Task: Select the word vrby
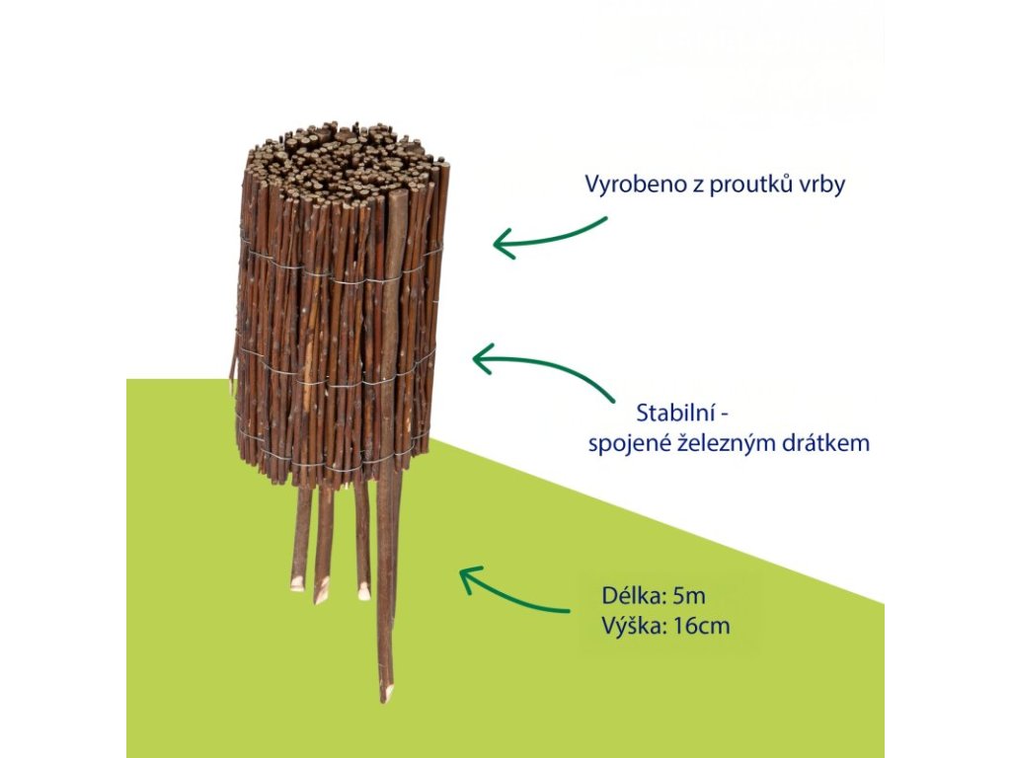tap(823, 186)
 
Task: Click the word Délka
tap(630, 596)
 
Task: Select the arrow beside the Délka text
tap(513, 589)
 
